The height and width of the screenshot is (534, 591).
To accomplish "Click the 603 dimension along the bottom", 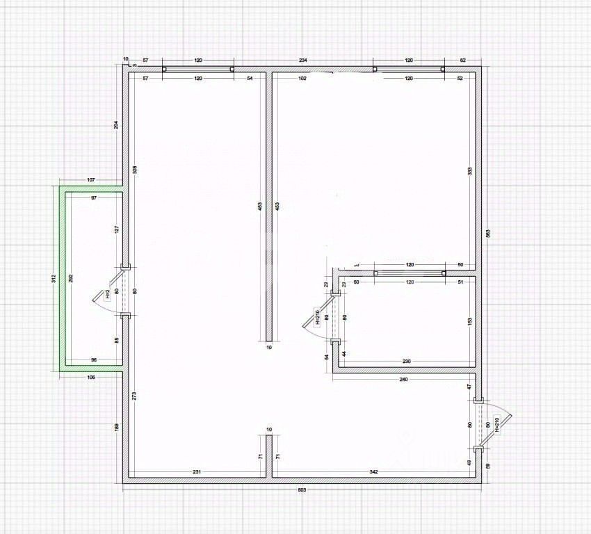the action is pyautogui.click(x=302, y=490).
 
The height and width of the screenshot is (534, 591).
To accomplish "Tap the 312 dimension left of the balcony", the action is pyautogui.click(x=54, y=279).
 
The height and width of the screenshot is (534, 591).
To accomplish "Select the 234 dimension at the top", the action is pyautogui.click(x=303, y=61).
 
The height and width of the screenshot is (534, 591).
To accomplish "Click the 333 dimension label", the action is pyautogui.click(x=471, y=171).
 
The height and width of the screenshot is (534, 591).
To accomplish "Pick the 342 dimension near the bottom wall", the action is pyautogui.click(x=373, y=472).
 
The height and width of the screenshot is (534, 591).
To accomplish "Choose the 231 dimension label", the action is pyautogui.click(x=197, y=472).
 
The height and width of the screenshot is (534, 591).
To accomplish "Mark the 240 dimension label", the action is pyautogui.click(x=403, y=380).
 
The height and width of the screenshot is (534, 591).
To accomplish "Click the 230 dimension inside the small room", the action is pyautogui.click(x=407, y=360).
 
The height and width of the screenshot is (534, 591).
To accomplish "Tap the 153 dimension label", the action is pyautogui.click(x=470, y=321).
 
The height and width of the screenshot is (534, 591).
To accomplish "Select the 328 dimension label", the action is pyautogui.click(x=134, y=169).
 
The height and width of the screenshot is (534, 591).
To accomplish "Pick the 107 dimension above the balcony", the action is pyautogui.click(x=90, y=181).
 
